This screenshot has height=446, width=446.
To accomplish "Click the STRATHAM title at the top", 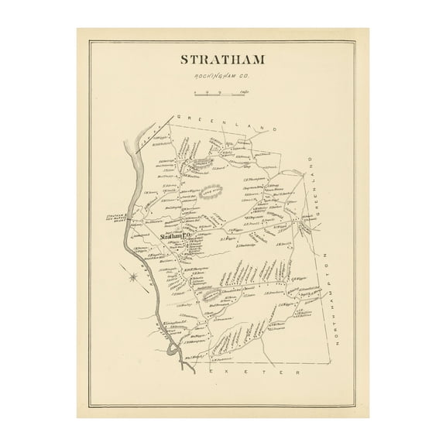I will coord(222,60).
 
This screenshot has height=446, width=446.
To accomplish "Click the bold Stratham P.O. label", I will coord(175,237).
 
